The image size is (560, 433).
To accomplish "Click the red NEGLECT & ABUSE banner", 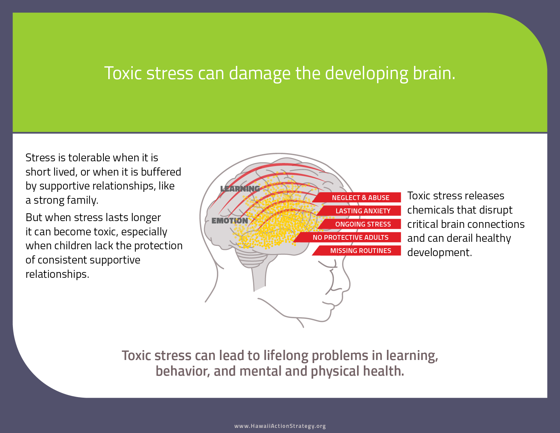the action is click(x=360, y=198).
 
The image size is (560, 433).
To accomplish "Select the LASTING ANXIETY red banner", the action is click(x=363, y=211).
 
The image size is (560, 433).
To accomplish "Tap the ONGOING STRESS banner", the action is click(x=363, y=224).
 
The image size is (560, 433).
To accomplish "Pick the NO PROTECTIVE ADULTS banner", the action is click(x=350, y=237).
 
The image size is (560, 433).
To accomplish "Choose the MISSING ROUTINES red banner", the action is click(x=360, y=251).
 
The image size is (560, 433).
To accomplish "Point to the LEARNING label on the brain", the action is click(x=240, y=189).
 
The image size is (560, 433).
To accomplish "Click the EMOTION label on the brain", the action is click(x=230, y=221).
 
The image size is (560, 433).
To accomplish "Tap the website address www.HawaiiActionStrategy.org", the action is click(x=280, y=426).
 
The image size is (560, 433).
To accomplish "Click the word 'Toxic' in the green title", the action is click(x=123, y=73).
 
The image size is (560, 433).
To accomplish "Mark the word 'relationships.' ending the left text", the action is click(x=57, y=274).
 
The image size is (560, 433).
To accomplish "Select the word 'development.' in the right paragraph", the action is click(x=440, y=253).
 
